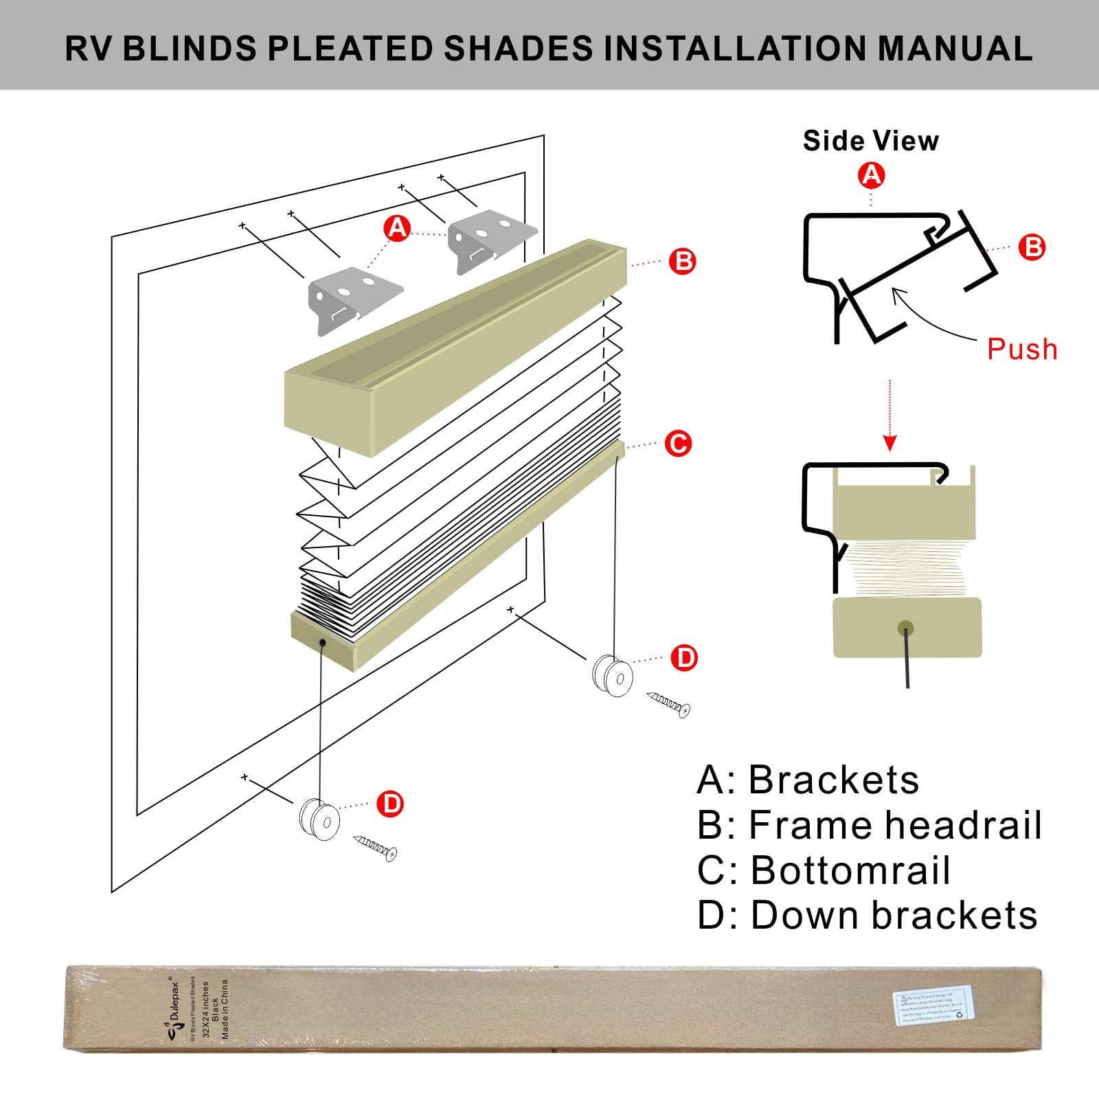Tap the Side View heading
(870, 141)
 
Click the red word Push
(1021, 349)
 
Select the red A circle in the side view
(871, 175)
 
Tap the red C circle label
(678, 443)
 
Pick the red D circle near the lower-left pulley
(390, 804)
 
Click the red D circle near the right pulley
(684, 658)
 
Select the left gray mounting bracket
(354, 299)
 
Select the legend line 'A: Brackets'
(808, 780)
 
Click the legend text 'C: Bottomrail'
(824, 870)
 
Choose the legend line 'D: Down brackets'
(867, 916)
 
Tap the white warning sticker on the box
(932, 1006)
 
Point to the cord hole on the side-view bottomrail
(906, 627)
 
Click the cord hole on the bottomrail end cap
(322, 642)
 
